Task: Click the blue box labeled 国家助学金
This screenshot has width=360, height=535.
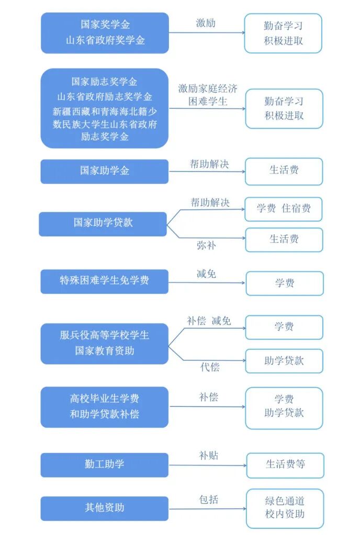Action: pyautogui.click(x=105, y=171)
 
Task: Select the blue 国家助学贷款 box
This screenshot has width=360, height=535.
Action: pyautogui.click(x=103, y=223)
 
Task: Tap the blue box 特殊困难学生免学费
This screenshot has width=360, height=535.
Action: pyautogui.click(x=105, y=281)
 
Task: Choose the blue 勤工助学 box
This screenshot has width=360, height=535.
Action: pyautogui.click(x=105, y=464)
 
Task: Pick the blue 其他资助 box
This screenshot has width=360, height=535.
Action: pyautogui.click(x=105, y=507)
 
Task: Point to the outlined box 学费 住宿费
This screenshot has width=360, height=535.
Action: pyautogui.click(x=284, y=209)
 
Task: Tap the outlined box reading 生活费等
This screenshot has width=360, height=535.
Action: pyautogui.click(x=285, y=464)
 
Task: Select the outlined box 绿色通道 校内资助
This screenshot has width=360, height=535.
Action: pyautogui.click(x=285, y=507)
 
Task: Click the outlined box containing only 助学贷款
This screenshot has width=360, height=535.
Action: pyautogui.click(x=284, y=361)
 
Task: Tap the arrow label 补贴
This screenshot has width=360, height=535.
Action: pyautogui.click(x=208, y=456)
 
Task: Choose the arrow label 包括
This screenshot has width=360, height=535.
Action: pyautogui.click(x=209, y=499)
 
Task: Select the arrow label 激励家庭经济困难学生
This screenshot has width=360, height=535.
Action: pyautogui.click(x=208, y=95)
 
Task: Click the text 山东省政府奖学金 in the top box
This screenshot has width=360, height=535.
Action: pyautogui.click(x=105, y=40)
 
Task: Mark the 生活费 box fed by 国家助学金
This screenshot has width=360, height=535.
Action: pyautogui.click(x=284, y=171)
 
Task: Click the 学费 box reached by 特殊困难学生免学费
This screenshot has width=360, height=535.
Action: pyautogui.click(x=285, y=283)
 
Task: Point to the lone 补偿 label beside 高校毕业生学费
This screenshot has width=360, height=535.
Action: pyautogui.click(x=208, y=397)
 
